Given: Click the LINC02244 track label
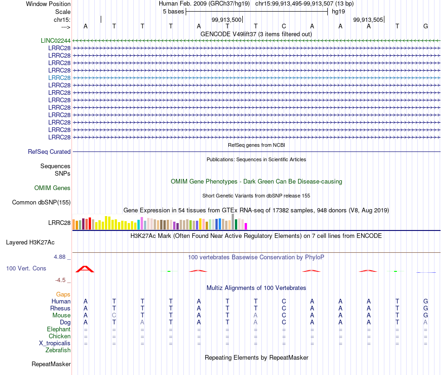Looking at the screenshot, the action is (x=55, y=40).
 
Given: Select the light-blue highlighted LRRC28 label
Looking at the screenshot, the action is (x=59, y=78).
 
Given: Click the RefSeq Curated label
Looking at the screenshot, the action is (x=49, y=152).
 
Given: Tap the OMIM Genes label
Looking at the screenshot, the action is (x=52, y=188).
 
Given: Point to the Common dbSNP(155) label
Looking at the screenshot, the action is (x=41, y=203).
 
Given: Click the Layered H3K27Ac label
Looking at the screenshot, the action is (x=30, y=243).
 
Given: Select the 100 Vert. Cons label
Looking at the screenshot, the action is (x=26, y=268).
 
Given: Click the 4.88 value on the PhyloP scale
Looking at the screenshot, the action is (x=59, y=257).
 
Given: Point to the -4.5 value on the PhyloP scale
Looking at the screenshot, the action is (x=60, y=280).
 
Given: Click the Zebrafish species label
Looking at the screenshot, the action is (x=58, y=350).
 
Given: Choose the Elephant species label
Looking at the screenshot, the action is (x=59, y=329).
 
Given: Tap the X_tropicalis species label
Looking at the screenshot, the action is (x=55, y=343).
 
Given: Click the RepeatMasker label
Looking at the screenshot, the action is (x=51, y=364).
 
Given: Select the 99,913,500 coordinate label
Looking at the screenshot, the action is (x=227, y=20).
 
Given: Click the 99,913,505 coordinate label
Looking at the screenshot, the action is (x=368, y=20).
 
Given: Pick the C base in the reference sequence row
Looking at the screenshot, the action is (x=284, y=26).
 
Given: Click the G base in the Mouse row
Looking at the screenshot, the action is (x=426, y=316).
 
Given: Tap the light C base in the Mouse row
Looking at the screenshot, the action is (x=114, y=316).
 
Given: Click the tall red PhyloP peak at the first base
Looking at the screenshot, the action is (x=85, y=269).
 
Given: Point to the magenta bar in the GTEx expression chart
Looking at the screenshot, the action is (x=246, y=226).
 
